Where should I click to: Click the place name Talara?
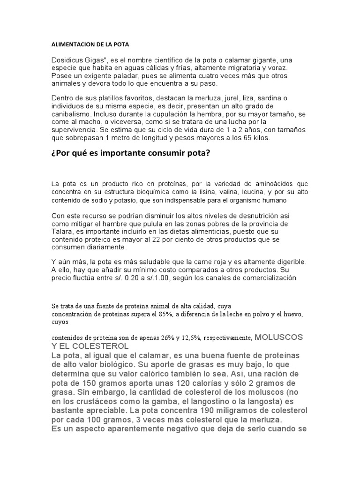(61, 232)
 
